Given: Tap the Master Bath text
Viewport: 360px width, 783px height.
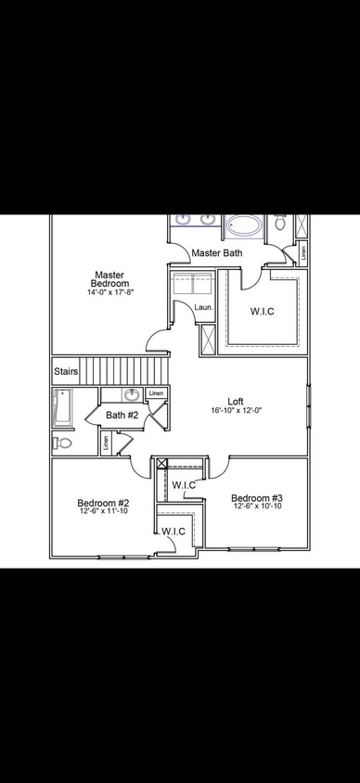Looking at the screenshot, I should click(x=217, y=252).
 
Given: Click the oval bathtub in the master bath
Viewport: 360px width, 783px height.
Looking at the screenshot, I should click(x=244, y=225).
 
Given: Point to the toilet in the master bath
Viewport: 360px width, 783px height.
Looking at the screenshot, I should click(x=279, y=223).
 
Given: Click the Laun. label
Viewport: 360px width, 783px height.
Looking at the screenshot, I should click(x=202, y=308).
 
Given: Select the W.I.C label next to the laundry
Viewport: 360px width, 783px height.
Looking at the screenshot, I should click(x=263, y=312).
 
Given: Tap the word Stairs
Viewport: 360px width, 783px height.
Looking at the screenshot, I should click(x=65, y=372).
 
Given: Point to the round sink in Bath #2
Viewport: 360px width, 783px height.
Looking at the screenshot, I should click(x=132, y=395).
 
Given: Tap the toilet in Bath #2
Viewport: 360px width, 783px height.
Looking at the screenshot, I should click(x=61, y=443).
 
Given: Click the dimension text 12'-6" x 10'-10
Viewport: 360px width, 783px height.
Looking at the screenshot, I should click(x=256, y=508).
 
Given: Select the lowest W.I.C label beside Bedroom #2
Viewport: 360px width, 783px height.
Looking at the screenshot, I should click(x=174, y=531).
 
